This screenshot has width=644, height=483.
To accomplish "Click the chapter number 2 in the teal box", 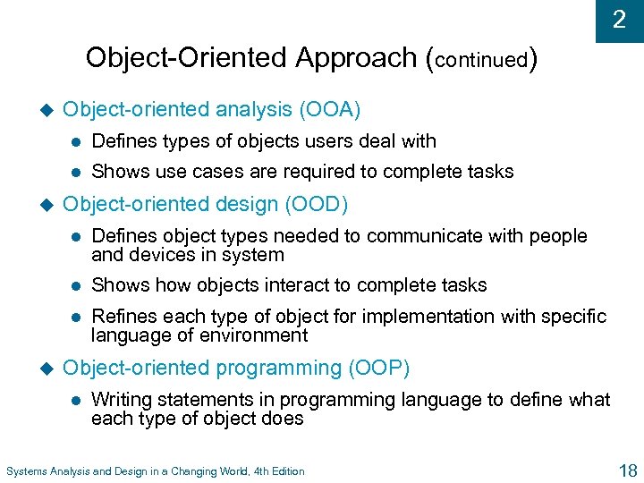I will pyautogui.click(x=619, y=20).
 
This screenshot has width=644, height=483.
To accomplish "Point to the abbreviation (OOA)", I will pyautogui.click(x=330, y=110).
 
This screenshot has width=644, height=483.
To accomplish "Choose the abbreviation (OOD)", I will pyautogui.click(x=316, y=205).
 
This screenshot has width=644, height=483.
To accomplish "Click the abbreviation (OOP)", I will pyautogui.click(x=379, y=369).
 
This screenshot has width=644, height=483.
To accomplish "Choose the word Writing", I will pyautogui.click(x=122, y=400).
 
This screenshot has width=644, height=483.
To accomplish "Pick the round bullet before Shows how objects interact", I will pyautogui.click(x=78, y=286).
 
